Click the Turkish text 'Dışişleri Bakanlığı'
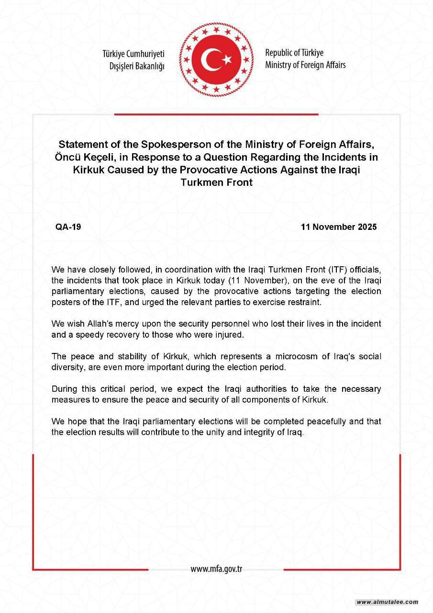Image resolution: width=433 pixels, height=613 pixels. [136, 66]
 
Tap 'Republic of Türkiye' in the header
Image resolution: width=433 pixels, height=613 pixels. [294, 53]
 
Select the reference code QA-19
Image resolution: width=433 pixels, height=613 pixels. [68, 227]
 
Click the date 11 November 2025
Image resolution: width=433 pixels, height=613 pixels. [339, 227]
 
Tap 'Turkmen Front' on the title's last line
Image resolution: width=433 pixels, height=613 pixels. [216, 182]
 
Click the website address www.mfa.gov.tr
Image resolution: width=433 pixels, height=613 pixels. [216, 569]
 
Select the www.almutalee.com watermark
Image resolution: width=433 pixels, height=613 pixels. [388, 602]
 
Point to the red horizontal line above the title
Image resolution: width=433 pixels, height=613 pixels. [216, 114]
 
